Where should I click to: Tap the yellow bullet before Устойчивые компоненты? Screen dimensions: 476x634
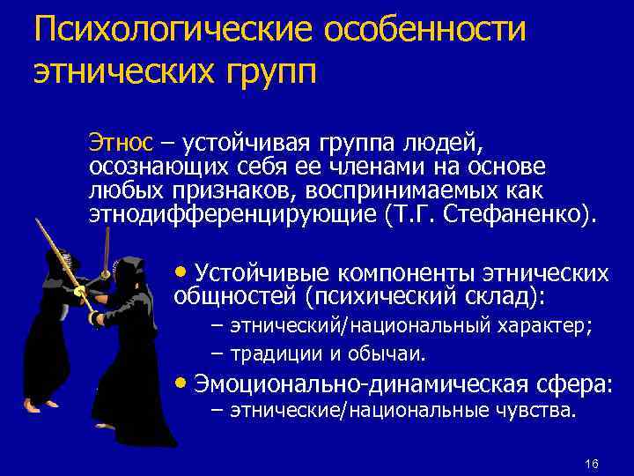181,271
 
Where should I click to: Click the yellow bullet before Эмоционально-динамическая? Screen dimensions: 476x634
181,384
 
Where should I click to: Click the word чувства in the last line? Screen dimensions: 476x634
534,411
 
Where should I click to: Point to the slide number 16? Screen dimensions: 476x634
590,465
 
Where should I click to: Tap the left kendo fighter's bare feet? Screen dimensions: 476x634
33,405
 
